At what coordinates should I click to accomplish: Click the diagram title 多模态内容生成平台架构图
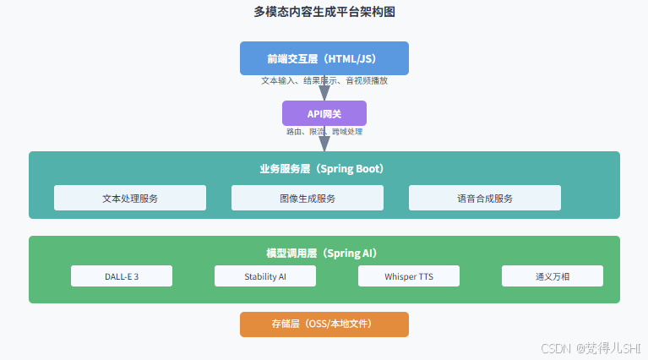(324, 12)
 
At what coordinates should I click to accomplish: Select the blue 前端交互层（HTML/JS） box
(324, 58)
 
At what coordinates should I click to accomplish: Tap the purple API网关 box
(324, 113)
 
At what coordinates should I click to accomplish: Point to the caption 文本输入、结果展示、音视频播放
(324, 81)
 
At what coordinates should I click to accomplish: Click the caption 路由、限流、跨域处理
(324, 132)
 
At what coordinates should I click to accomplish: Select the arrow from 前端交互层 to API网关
(324, 90)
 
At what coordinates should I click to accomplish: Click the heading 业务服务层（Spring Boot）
(324, 169)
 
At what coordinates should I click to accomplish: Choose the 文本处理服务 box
(130, 198)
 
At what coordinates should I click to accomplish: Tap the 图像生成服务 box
(308, 198)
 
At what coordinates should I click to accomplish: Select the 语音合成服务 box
(485, 198)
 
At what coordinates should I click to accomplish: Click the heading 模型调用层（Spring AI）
(324, 254)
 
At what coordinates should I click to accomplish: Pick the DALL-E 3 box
(122, 276)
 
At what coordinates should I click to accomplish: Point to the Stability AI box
(265, 276)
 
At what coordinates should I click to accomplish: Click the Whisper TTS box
(409, 276)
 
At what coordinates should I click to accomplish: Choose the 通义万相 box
(553, 276)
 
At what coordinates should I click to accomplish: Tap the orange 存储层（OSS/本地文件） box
(324, 325)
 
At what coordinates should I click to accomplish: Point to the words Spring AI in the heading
(350, 254)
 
